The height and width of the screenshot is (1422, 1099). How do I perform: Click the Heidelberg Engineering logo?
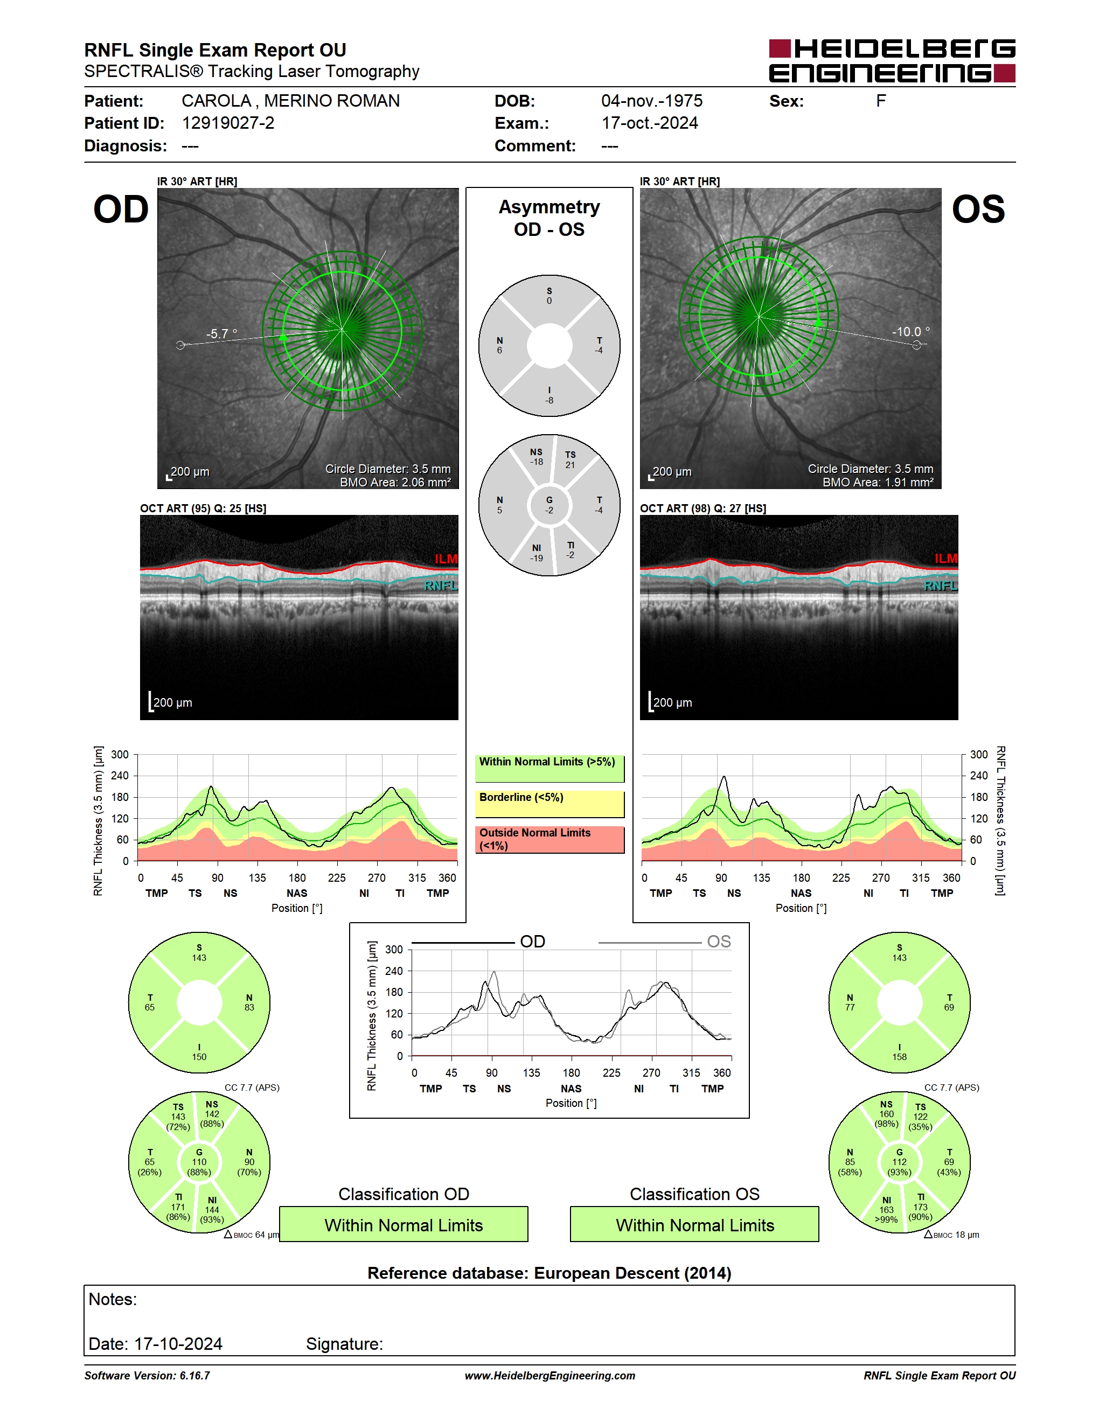click(x=892, y=60)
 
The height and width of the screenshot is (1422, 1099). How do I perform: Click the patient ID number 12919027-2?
click(x=228, y=123)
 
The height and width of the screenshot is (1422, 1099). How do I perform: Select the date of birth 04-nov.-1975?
click(x=652, y=101)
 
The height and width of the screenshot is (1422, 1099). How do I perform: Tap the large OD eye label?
click(x=121, y=210)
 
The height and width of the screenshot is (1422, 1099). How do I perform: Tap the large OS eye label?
click(x=978, y=210)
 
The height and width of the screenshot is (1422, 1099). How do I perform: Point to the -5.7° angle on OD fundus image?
click(x=222, y=334)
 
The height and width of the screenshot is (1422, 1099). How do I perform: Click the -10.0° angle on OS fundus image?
click(x=910, y=332)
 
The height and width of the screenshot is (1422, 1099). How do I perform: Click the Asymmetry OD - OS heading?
click(x=549, y=218)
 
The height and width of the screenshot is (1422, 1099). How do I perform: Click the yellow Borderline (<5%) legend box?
click(x=549, y=804)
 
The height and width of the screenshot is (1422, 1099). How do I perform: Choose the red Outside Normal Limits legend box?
click(x=549, y=839)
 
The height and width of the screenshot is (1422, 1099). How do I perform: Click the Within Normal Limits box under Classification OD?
click(x=404, y=1225)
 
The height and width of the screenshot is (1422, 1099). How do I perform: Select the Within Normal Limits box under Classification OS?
click(x=695, y=1225)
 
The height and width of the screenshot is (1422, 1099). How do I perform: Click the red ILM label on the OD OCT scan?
click(x=446, y=559)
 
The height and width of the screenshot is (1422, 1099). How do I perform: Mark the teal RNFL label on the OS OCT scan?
click(x=941, y=586)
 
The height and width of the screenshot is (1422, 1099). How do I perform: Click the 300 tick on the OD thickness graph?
click(x=120, y=755)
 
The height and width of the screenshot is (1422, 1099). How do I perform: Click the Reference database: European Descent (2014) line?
click(x=549, y=1273)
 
